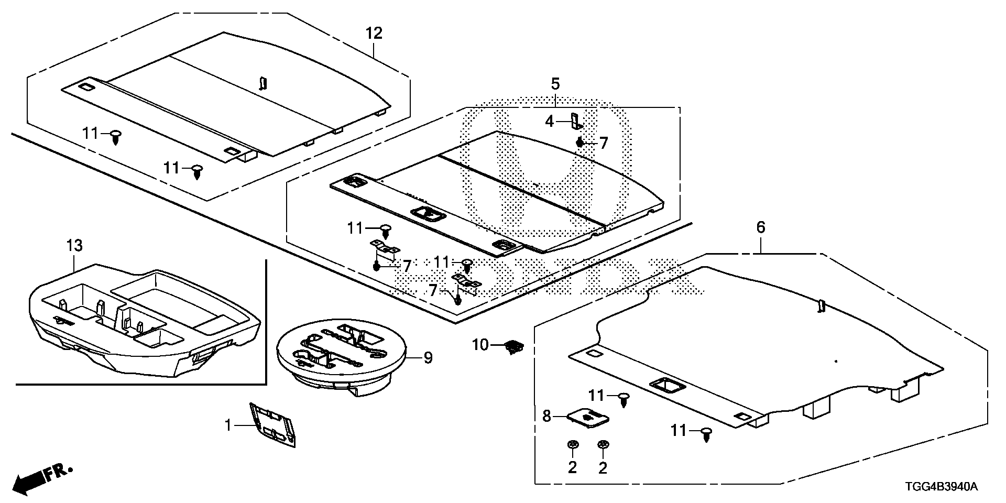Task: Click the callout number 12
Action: [x=374, y=34]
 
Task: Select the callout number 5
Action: [x=555, y=83]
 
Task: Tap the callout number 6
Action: [x=761, y=227]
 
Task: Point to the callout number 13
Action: [x=75, y=245]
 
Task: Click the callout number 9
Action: [x=428, y=358]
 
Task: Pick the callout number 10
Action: [x=480, y=345]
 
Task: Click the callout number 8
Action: [x=547, y=417]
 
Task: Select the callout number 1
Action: [x=228, y=425]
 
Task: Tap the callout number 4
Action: [x=549, y=122]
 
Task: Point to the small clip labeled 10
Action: [x=514, y=347]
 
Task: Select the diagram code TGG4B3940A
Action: [x=941, y=487]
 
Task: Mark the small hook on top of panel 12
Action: [x=264, y=83]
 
